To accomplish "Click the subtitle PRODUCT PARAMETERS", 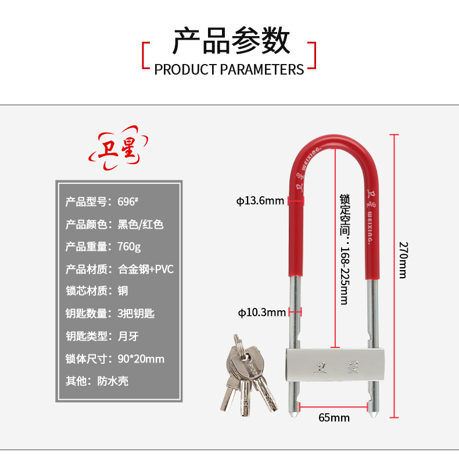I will point(229,70).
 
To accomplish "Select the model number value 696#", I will point(127,202).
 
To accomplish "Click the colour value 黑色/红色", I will point(141,224).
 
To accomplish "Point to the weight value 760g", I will point(129,247).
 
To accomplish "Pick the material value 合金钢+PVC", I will point(146,269).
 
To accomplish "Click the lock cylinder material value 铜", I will point(123,291).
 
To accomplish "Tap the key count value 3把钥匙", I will point(136,314).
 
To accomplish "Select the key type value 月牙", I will point(128,336).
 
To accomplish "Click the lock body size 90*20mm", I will point(141,359).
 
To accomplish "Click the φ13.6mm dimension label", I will point(260,201).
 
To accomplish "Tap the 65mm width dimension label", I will point(334,417).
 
